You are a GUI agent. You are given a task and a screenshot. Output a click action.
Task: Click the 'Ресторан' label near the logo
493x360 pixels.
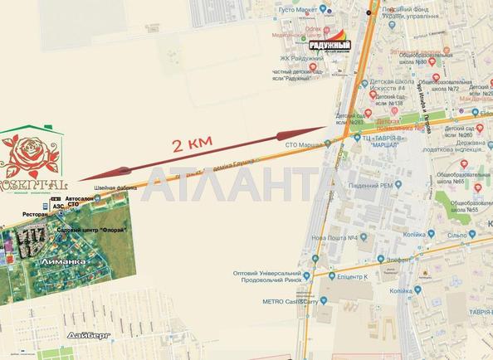59,212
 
